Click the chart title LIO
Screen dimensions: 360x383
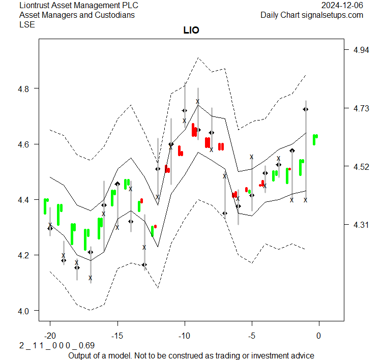tap(191, 31)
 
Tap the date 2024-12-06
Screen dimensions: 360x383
tap(343, 6)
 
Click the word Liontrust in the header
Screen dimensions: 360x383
tap(36, 6)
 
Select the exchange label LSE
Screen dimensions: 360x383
tap(27, 24)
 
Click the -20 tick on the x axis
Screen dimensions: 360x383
tap(50, 336)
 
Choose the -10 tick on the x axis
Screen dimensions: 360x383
tap(184, 336)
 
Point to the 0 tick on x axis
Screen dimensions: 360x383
tap(319, 336)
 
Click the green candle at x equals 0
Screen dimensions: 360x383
tap(315, 139)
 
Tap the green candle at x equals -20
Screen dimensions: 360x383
tap(46, 206)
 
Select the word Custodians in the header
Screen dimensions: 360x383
tap(116, 15)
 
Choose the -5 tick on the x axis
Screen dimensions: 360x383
tap(251, 336)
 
